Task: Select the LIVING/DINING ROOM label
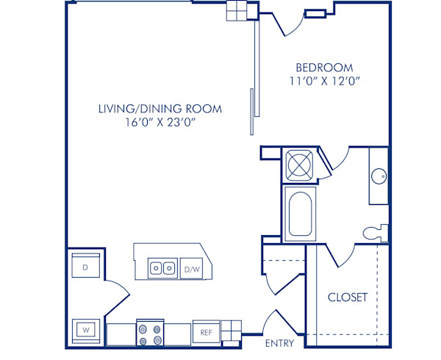[x=160, y=109]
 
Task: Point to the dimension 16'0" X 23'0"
[x=160, y=123]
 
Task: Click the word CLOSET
[x=347, y=298]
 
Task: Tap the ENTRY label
[x=279, y=343]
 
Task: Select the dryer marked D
[x=85, y=267]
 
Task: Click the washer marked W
[x=85, y=328]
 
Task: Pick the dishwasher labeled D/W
[x=192, y=270]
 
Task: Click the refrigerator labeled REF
[x=206, y=332]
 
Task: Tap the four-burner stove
[x=151, y=334]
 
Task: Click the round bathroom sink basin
[x=380, y=176]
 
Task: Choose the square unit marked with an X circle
[x=299, y=164]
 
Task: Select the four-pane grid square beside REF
[x=231, y=332]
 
